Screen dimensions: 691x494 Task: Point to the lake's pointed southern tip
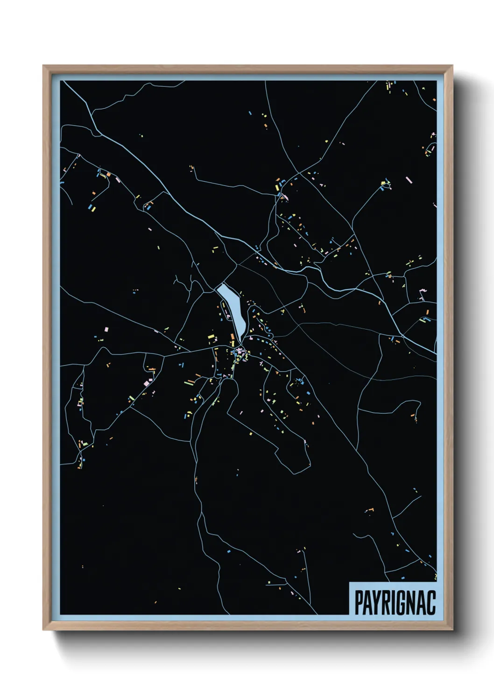[241, 340]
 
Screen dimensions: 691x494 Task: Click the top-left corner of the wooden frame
[44, 66]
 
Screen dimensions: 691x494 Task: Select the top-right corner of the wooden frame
[452, 66]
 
